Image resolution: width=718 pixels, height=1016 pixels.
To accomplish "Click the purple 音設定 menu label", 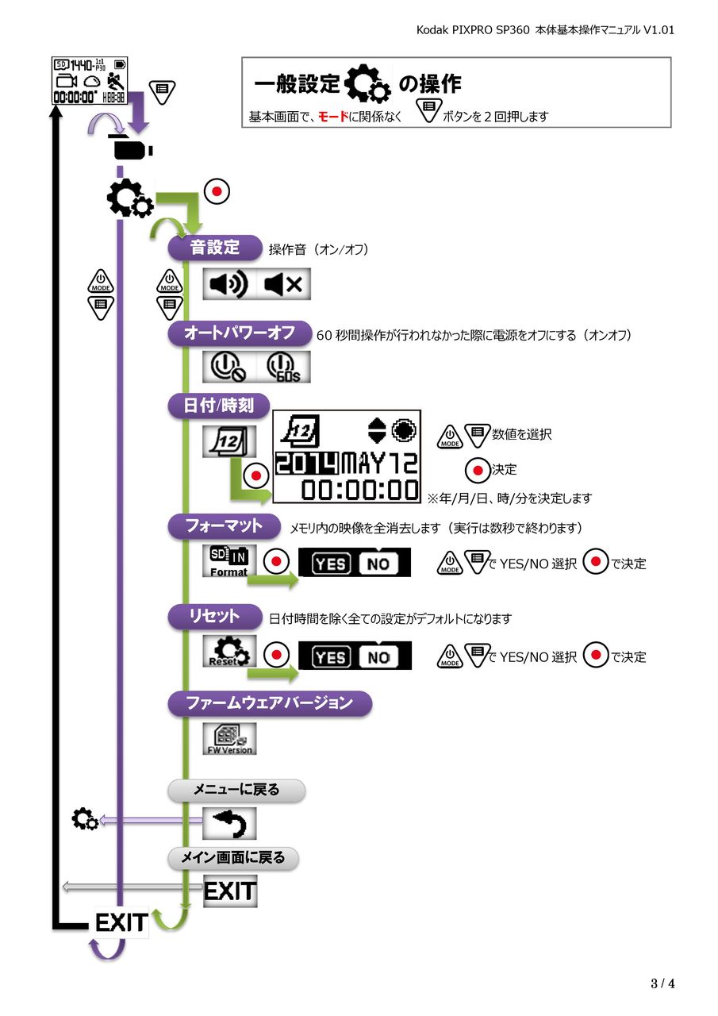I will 214,248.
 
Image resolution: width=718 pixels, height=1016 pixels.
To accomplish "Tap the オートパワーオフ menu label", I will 239,333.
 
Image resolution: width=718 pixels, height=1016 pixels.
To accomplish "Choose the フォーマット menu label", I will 224,525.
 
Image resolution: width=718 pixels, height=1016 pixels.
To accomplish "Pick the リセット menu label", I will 214,617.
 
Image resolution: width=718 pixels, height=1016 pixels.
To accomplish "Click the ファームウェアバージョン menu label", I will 269,703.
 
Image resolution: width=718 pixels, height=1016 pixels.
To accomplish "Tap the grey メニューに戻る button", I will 236,790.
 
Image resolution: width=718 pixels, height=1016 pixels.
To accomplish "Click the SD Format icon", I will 228,560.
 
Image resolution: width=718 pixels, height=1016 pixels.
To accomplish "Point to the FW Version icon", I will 229,738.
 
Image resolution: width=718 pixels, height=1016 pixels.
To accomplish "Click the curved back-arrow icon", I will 229,823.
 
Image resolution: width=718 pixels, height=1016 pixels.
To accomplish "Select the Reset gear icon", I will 228,651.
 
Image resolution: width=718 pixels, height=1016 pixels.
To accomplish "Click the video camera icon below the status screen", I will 132,151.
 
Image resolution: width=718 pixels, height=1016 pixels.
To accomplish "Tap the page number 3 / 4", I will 662,984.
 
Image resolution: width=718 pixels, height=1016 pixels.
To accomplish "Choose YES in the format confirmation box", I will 330,564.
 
